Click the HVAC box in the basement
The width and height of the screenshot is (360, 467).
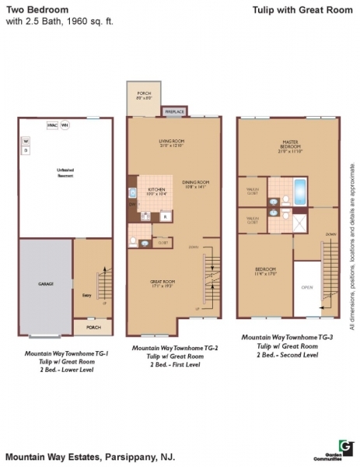[x=51, y=124]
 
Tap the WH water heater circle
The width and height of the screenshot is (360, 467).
[x=65, y=124]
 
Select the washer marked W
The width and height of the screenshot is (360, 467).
[x=25, y=141]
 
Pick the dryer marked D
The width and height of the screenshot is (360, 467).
[x=25, y=150]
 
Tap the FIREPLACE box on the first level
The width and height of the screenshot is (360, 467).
[x=173, y=112]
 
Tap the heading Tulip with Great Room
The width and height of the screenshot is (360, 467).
[x=295, y=12]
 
